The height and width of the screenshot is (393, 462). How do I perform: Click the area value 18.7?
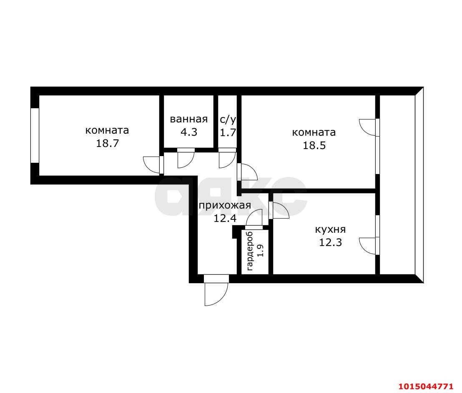tap(107, 144)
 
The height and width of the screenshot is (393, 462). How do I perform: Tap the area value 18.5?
tap(314, 146)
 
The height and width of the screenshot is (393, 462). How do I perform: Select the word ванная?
tap(189, 119)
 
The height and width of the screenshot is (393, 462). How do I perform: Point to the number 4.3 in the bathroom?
tap(189, 132)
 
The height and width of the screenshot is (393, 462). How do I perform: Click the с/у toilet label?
tap(228, 119)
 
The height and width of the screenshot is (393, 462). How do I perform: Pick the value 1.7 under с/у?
tap(228, 133)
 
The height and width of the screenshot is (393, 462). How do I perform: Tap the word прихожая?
tap(225, 205)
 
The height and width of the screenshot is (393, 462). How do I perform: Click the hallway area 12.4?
tap(225, 219)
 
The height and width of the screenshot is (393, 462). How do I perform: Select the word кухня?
tap(331, 229)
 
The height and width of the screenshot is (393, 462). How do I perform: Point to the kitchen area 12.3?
tap(331, 243)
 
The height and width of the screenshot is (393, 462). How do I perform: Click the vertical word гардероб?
tap(250, 251)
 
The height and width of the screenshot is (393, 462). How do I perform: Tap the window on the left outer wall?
tap(35, 135)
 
